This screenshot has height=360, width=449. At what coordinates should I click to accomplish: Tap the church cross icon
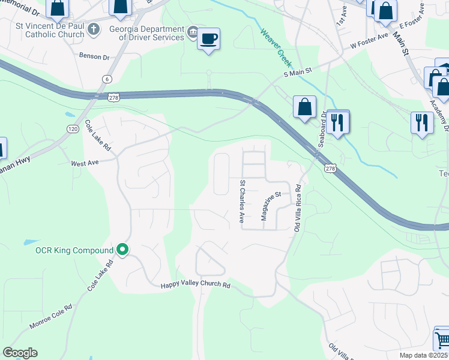point(94,29)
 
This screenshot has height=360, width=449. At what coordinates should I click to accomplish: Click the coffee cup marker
point(208,39)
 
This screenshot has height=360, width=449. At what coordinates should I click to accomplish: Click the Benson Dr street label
point(94,56)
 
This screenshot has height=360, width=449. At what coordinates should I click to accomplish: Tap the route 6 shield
point(107,79)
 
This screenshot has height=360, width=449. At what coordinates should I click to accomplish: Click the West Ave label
point(84,163)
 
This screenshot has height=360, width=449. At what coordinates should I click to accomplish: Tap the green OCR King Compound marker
point(123,250)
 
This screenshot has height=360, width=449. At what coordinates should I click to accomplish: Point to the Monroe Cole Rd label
point(50,316)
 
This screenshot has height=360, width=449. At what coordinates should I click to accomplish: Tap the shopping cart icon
point(442,340)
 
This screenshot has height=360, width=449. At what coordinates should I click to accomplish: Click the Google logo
point(20,353)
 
